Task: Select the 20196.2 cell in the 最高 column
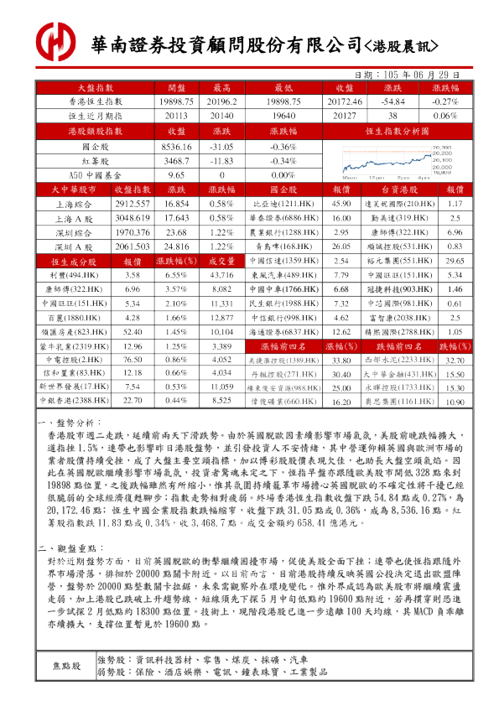(221, 101)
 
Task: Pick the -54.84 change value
(392, 101)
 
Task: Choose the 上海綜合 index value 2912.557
(132, 204)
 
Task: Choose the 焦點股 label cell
(66, 666)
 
